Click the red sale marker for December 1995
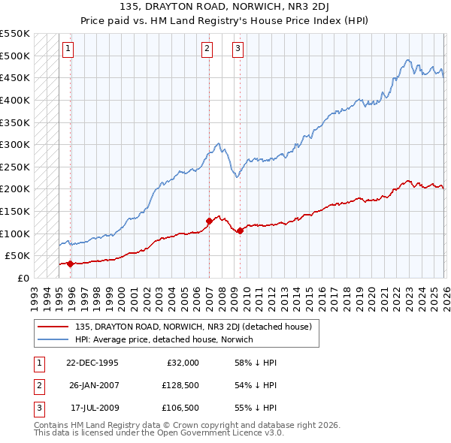point(70,264)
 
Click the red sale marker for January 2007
point(209,221)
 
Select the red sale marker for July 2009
point(240,231)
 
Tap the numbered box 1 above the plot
point(68,50)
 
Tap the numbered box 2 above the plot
point(207,50)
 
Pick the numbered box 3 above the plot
point(238,50)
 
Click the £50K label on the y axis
point(17,256)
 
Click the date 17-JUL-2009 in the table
point(93,409)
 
